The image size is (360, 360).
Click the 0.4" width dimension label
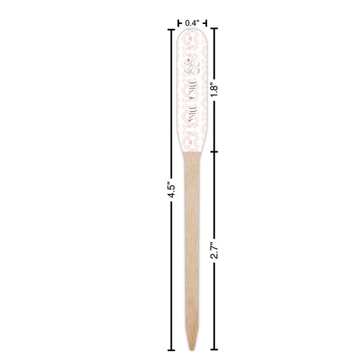[x=192, y=22]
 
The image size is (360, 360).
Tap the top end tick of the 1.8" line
[x=213, y=28]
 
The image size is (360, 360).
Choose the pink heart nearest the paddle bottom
[x=192, y=142]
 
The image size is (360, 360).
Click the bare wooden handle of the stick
[x=192, y=240]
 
